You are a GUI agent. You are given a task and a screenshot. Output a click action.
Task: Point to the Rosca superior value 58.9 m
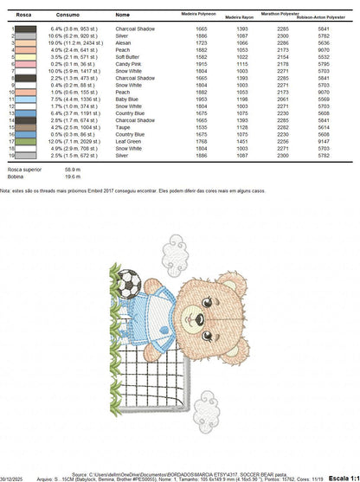72,170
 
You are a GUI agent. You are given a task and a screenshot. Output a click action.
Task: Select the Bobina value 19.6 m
72,177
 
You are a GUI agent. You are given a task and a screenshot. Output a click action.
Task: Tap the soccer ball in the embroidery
128,281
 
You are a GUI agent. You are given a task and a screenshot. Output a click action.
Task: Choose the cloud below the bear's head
206,397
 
